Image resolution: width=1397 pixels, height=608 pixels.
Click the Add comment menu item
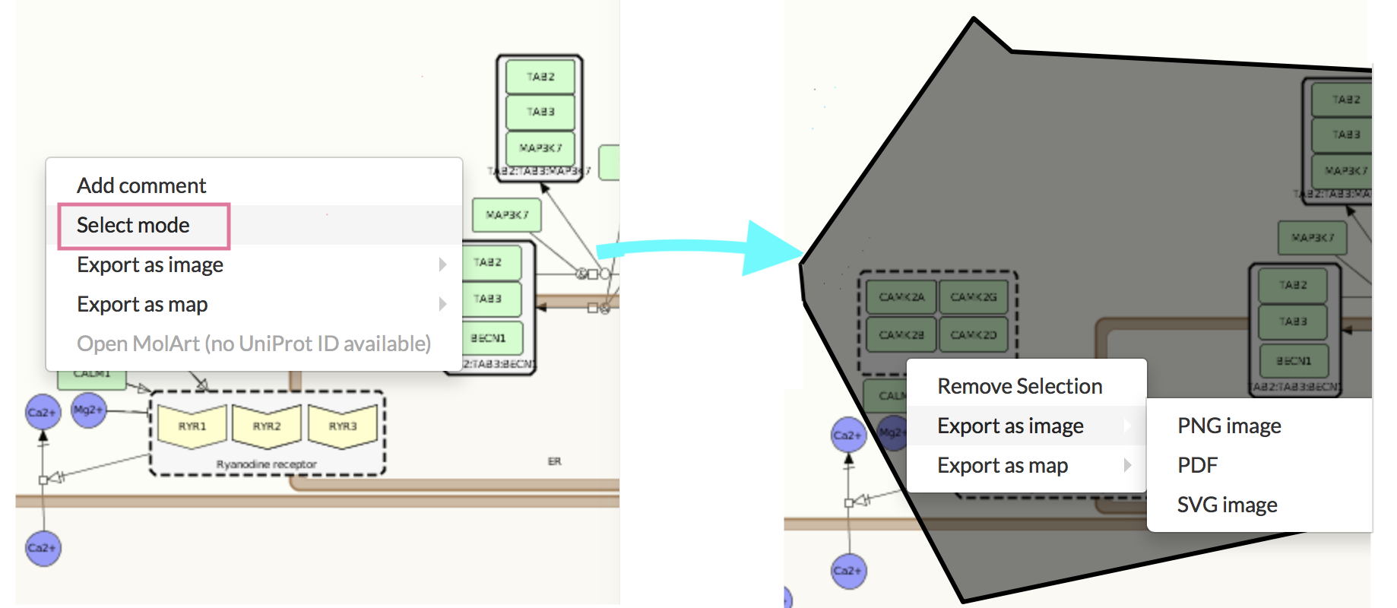[141, 185]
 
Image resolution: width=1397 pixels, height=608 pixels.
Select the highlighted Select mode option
[134, 225]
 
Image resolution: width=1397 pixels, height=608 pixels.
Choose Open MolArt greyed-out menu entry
[254, 344]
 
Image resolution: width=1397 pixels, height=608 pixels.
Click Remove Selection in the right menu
[1019, 386]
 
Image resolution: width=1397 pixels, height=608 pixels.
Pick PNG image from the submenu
[1228, 426]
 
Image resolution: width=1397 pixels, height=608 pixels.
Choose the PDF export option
[1197, 465]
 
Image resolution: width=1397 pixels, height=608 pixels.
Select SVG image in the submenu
[1227, 505]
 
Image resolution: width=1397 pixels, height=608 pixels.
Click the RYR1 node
[192, 426]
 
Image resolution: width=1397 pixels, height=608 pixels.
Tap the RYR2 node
[267, 426]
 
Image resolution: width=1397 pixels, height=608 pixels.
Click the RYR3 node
[343, 426]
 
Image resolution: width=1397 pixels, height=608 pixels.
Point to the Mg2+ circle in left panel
[88, 410]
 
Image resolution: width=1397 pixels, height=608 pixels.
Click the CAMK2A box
[901, 297]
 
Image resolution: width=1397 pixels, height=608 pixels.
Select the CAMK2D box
[973, 335]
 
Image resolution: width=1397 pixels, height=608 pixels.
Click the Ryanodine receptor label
[266, 464]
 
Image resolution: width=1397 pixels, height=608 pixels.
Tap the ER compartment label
[554, 461]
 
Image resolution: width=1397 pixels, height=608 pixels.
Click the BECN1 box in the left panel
[488, 338]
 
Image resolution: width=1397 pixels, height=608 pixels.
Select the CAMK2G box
[973, 297]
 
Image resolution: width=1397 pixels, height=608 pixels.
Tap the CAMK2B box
[901, 335]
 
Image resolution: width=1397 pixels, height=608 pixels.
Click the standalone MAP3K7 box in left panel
[506, 215]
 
